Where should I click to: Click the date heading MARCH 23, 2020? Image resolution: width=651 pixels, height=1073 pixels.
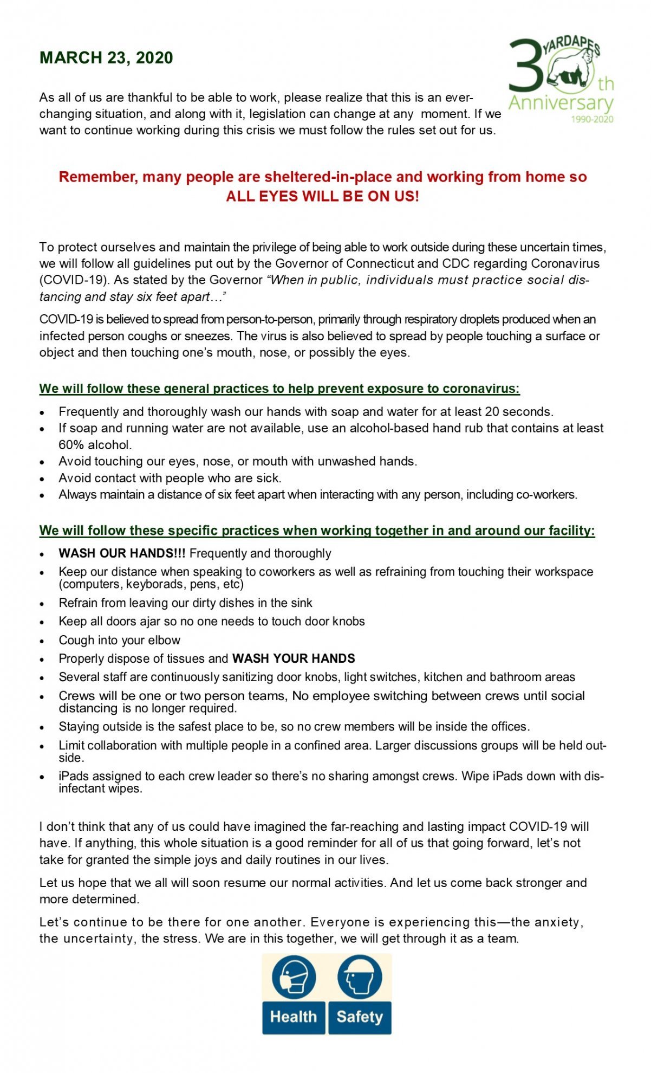tap(106, 58)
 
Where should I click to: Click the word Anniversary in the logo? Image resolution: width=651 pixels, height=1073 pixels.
tap(561, 102)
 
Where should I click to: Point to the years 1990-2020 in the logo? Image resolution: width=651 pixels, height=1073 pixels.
tap(592, 119)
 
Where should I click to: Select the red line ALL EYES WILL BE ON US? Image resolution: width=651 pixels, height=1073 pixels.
tap(322, 196)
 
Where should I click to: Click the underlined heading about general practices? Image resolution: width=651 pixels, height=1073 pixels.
tap(279, 389)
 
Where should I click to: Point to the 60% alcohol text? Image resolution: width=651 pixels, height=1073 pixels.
tap(95, 445)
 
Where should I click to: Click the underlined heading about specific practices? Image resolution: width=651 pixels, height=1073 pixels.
tap(317, 531)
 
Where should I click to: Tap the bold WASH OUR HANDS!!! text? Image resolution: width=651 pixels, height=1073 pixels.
tap(122, 553)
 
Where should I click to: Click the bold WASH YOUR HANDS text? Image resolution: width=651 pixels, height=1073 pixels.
tap(294, 658)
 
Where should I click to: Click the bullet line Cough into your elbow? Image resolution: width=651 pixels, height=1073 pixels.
tap(120, 640)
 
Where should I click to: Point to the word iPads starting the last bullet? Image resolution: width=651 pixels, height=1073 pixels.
tap(73, 776)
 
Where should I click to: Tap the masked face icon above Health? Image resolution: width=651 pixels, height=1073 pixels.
tap(294, 978)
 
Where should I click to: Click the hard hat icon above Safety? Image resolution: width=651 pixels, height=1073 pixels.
tap(360, 978)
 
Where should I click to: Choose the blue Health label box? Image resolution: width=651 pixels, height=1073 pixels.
tap(294, 1017)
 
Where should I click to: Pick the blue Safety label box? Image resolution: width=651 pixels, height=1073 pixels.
tap(360, 1017)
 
